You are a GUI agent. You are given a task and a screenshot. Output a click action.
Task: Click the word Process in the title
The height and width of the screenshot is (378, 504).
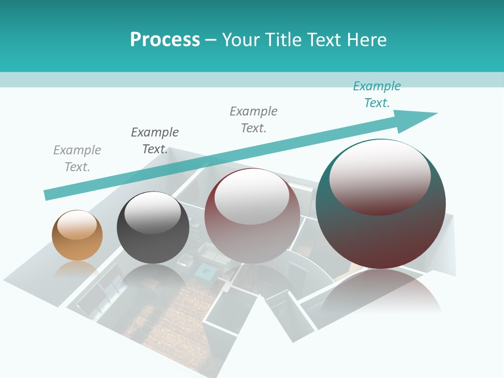pos(165,39)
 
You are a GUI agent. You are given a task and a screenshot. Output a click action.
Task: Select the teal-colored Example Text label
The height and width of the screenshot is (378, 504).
pos(376,94)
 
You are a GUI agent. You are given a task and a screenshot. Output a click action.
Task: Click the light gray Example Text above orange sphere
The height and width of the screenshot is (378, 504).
pos(77,158)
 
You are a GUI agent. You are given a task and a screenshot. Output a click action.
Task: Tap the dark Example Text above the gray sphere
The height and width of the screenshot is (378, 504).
pos(155,140)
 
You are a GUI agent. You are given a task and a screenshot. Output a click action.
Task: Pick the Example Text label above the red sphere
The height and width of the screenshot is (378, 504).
pos(254,119)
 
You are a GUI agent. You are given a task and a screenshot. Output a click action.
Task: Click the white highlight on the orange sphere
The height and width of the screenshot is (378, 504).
pos(77,225)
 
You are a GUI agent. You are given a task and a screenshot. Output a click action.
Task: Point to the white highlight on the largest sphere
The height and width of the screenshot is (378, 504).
pos(380,176)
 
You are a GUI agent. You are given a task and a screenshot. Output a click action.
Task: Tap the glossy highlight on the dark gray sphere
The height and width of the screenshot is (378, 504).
pos(153,213)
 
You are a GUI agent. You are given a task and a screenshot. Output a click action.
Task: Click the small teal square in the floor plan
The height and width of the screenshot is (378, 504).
pos(205,271)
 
